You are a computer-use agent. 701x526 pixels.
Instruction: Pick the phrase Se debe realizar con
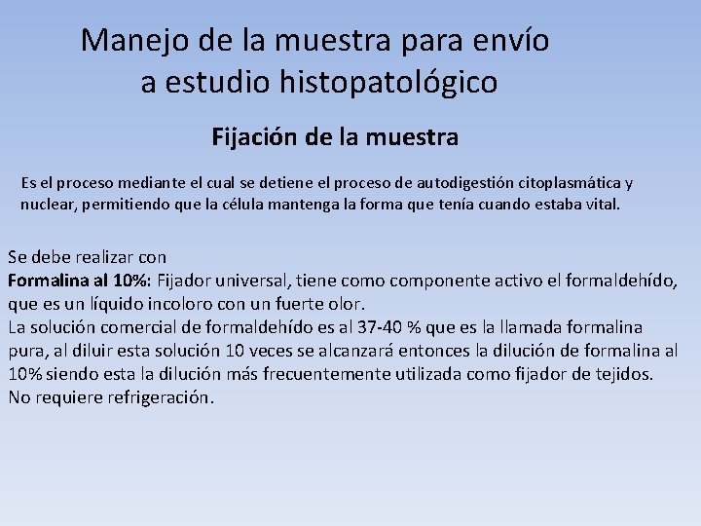click(x=88, y=258)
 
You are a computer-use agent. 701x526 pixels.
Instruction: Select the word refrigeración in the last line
click(x=155, y=397)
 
